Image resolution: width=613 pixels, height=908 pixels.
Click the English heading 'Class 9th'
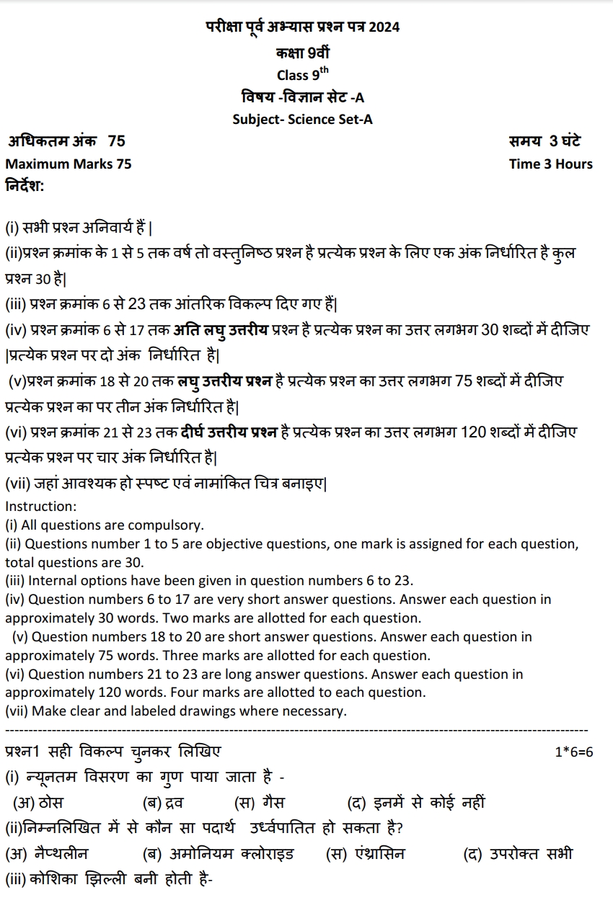tap(302, 74)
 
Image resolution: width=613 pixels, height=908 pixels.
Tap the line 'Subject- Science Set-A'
tap(302, 120)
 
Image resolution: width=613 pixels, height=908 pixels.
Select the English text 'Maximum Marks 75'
tap(69, 164)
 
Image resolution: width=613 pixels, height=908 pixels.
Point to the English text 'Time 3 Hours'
tap(550, 164)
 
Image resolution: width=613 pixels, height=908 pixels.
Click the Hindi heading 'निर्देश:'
tap(25, 186)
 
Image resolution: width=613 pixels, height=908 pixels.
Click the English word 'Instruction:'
tap(40, 506)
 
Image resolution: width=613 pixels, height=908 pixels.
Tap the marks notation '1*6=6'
tap(573, 752)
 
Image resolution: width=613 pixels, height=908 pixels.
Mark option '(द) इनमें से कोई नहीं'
tap(416, 803)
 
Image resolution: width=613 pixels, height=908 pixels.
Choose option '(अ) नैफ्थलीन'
tap(47, 854)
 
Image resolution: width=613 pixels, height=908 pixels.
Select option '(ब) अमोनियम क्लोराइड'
tap(219, 854)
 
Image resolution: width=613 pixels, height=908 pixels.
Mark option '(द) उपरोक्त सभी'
tap(517, 854)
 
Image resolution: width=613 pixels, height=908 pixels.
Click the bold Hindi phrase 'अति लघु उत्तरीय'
tap(221, 331)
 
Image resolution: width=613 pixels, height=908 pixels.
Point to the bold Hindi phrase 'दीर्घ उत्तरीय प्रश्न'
tap(229, 432)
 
